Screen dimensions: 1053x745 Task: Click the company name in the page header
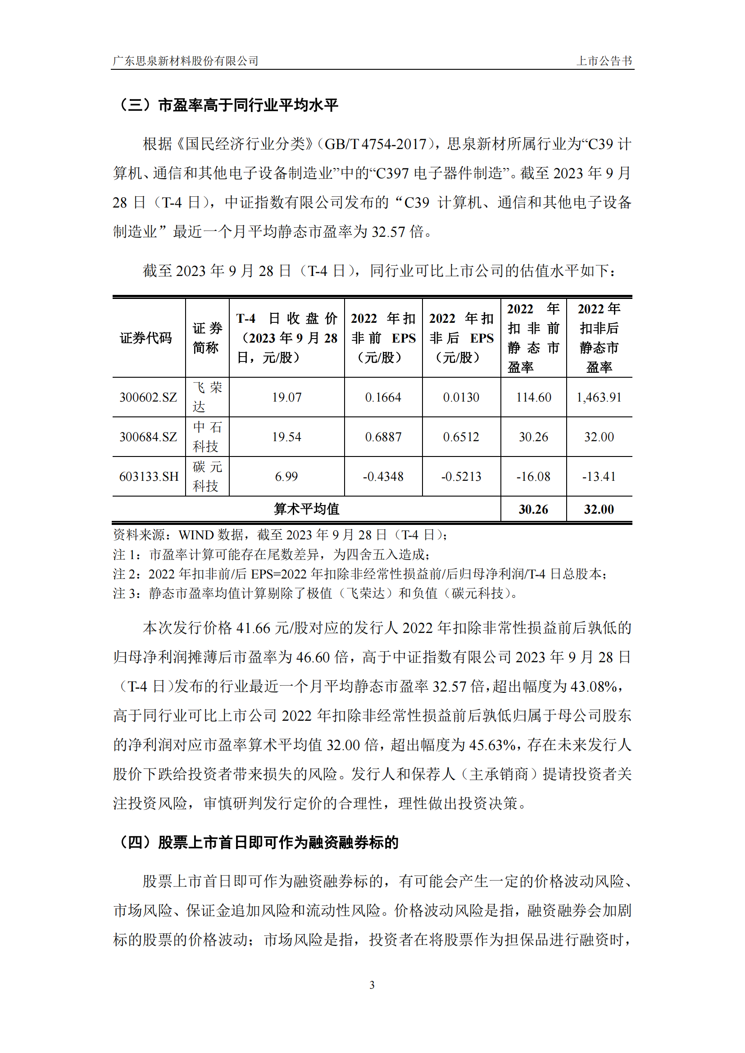pos(186,61)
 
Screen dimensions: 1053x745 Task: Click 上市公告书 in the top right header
pos(604,61)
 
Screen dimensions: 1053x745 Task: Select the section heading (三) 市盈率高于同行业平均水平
pos(228,105)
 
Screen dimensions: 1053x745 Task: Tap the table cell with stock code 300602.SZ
pos(148,397)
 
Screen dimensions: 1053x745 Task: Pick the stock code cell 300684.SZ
pos(148,437)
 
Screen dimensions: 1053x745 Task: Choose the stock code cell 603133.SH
pos(149,476)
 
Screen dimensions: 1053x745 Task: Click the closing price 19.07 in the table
pos(287,397)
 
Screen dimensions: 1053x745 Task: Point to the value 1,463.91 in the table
pos(599,397)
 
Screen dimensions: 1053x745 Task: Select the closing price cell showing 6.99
pos(286,476)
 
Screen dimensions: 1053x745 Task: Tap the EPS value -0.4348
pos(383,476)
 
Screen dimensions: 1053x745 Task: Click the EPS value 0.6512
pos(461,437)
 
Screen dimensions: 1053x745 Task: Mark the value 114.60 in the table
pos(533,397)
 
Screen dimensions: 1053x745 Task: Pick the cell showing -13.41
pos(599,476)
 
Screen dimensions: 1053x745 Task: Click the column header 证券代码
pos(146,338)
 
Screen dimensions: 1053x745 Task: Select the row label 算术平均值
pos(306,509)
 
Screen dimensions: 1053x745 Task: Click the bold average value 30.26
pos(533,509)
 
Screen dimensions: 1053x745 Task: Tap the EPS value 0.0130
pos(461,397)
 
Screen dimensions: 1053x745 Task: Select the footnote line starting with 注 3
pos(317,593)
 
